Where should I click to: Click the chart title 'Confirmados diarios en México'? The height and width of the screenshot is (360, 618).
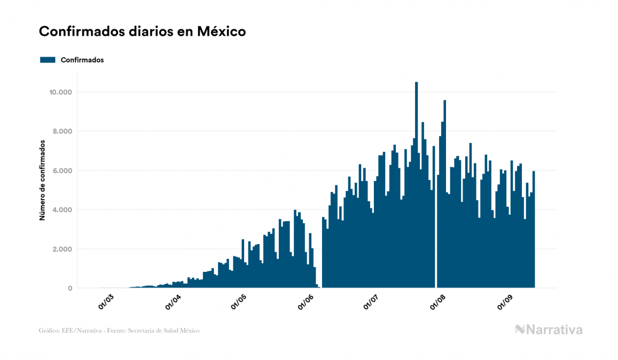[142, 32]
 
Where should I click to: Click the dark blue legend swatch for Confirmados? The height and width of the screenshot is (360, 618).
[48, 60]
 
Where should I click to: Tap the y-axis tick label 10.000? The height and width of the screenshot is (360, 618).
[60, 92]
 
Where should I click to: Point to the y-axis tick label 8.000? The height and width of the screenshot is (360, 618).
[62, 131]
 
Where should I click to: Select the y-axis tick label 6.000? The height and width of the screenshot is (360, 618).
[62, 171]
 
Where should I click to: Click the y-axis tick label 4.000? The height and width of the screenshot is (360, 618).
[62, 210]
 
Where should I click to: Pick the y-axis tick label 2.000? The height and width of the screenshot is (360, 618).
[62, 249]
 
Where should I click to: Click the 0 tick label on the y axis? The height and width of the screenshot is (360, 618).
[69, 288]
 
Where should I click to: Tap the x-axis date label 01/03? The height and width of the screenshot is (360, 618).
[106, 302]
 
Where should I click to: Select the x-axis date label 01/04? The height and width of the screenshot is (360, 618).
[173, 302]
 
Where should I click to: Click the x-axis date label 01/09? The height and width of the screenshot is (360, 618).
[506, 302]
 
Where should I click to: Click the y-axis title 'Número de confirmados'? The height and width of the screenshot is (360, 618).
[42, 181]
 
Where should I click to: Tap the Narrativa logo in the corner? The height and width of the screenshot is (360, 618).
[549, 330]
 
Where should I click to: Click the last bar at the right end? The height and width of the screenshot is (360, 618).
[534, 230]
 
